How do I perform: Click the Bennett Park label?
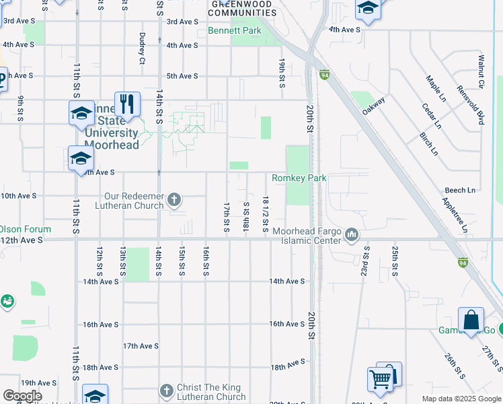pos(234,31)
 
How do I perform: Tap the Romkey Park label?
pos(299,178)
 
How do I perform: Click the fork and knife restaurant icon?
pos(127,104)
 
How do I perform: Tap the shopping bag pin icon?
pos(471,320)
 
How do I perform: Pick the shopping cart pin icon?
pos(381,380)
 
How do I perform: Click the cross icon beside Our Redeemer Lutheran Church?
pos(173,199)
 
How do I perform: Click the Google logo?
pos(22,396)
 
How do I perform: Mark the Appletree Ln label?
pos(455,214)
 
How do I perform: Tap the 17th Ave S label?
pos(140,346)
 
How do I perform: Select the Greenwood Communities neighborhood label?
pos(243,8)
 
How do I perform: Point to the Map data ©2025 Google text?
pos(461,399)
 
